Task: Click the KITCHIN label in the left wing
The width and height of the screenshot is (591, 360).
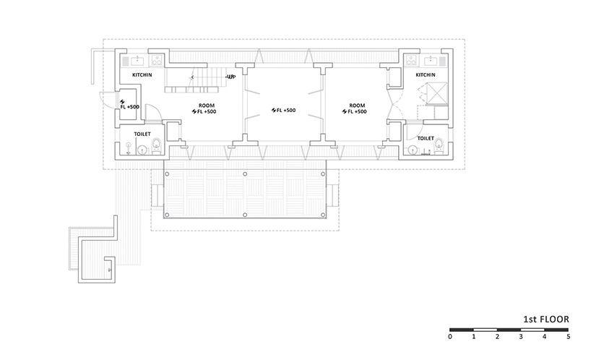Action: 142,75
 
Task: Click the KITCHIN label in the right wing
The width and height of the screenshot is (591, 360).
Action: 426,75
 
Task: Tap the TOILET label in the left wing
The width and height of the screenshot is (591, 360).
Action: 142,134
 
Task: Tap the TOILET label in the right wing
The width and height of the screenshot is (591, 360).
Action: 426,138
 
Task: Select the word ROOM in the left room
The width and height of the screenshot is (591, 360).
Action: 207,106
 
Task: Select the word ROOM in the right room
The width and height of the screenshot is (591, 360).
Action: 357,106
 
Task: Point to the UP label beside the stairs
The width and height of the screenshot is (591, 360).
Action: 231,77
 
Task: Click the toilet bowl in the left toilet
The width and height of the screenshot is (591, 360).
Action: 156,146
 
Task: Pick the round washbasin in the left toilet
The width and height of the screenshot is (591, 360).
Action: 142,150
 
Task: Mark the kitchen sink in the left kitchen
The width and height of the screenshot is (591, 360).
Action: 138,60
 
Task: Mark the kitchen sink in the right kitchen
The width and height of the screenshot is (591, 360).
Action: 430,60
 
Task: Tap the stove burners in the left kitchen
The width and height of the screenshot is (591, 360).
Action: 157,60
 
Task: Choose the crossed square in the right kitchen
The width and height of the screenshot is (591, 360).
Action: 436,93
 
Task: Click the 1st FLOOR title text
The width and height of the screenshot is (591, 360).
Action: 546,320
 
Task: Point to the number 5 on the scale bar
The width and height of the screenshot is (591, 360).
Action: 568,337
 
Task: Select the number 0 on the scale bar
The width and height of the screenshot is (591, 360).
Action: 450,337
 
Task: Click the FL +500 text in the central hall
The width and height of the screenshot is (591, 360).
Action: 283,110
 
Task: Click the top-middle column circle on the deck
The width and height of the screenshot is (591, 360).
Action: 245,173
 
